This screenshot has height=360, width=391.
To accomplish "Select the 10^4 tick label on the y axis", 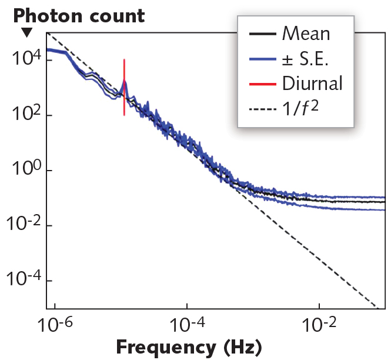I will (22, 59).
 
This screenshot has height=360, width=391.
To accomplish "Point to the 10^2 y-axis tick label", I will (22, 115).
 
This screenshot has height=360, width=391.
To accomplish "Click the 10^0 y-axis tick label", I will (22, 170).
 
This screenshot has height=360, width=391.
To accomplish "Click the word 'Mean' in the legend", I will (306, 34).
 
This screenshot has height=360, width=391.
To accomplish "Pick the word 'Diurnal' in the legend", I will (312, 83).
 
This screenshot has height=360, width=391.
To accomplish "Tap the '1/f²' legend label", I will (303, 108).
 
